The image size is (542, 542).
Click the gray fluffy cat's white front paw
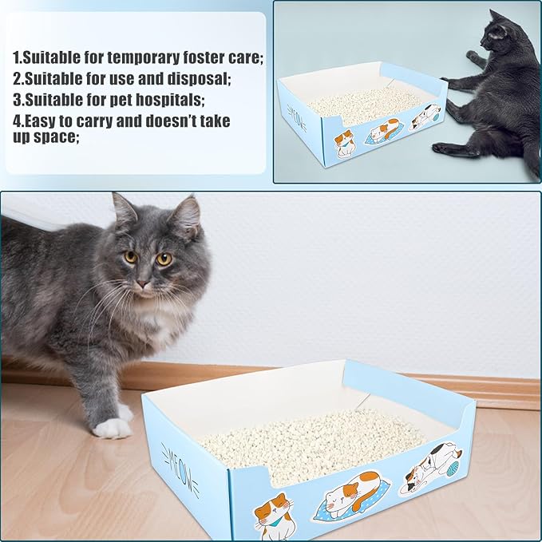click(x=113, y=428)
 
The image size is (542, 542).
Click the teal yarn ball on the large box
click(x=453, y=469)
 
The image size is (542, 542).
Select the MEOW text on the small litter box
click(x=297, y=119)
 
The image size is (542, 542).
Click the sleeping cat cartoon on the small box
click(x=383, y=132)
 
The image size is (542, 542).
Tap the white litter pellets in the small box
click(x=364, y=103)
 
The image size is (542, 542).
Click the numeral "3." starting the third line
click(x=18, y=100)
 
